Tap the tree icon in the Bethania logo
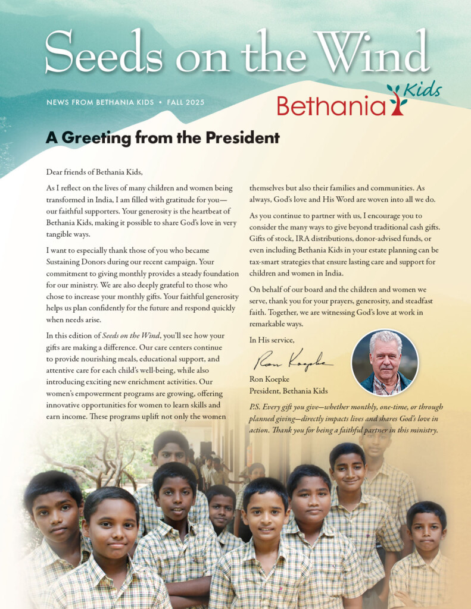tap(397, 99)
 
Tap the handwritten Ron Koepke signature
tap(292, 359)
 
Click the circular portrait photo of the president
tap(385, 362)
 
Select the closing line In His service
tap(272, 340)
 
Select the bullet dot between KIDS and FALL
tap(160, 102)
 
